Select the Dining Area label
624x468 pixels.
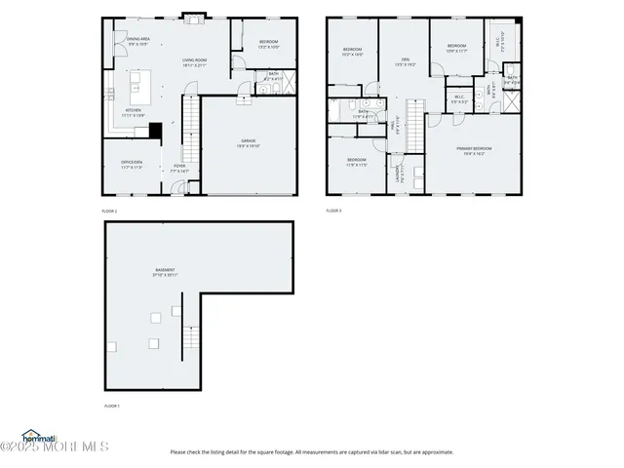tap(137, 42)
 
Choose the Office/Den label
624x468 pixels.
tap(132, 164)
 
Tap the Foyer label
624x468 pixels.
tap(180, 168)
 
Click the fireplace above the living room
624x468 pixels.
tap(194, 18)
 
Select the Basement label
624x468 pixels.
tap(165, 272)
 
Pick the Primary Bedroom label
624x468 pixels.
tap(476, 150)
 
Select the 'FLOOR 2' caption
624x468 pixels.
tap(109, 211)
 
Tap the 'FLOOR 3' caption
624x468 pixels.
tap(333, 211)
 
